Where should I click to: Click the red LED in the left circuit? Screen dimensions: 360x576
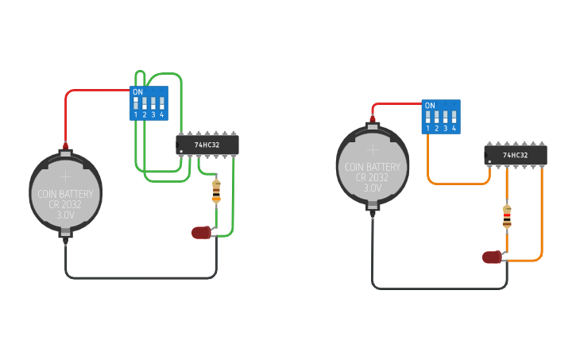tap(202, 233)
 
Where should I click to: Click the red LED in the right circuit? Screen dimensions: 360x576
tap(493, 257)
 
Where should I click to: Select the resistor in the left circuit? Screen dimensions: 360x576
tap(216, 191)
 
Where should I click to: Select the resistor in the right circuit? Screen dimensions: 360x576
tap(507, 215)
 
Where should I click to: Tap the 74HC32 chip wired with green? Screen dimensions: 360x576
tap(207, 145)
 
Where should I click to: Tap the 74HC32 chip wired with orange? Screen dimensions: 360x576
tap(515, 155)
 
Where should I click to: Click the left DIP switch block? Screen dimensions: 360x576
tap(149, 103)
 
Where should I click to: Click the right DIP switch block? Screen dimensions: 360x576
tap(440, 116)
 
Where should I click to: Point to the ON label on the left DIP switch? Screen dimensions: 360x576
tap(137, 91)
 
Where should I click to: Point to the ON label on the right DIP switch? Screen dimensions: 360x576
tap(430, 105)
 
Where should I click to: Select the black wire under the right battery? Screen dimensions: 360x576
tap(437, 288)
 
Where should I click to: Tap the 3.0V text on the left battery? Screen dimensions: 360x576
tap(66, 215)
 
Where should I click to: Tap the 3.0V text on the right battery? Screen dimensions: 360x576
tap(373, 188)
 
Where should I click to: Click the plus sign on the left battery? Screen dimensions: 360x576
tap(66, 176)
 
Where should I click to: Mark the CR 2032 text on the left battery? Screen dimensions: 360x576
tap(66, 205)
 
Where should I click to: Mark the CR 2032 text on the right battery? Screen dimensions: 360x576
tap(373, 177)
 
